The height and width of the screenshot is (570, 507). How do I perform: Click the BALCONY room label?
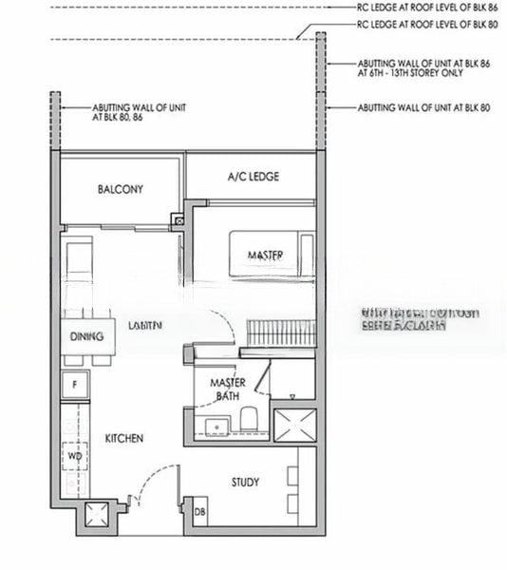[x=121, y=190]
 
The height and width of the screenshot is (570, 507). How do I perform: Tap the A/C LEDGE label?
[x=252, y=177]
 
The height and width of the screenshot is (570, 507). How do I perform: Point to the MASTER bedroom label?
[x=266, y=256]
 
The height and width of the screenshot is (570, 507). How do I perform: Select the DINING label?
[x=86, y=336]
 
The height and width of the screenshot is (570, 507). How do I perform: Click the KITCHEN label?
[x=124, y=438]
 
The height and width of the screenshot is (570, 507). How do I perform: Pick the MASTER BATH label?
[x=228, y=389]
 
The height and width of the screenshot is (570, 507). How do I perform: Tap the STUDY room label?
[x=245, y=483]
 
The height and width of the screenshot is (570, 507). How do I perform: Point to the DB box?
[x=200, y=513]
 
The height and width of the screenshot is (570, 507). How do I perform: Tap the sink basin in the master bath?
[x=214, y=425]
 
